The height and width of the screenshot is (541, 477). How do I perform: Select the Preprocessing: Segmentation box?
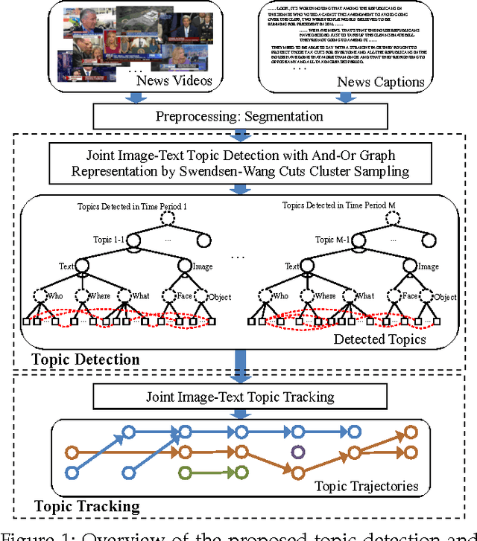point(238,116)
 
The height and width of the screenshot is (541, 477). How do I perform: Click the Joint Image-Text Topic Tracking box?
point(239,397)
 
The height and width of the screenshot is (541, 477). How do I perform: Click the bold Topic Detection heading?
point(86,359)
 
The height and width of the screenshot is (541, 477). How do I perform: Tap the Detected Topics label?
point(380,339)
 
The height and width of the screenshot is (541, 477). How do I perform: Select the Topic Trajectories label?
point(366,487)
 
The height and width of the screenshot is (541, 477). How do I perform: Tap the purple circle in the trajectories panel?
point(297,451)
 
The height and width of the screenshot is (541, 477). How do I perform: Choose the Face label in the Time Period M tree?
point(409,295)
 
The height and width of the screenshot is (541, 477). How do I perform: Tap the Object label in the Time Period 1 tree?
point(221,297)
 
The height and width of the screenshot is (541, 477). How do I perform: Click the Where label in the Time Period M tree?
point(326,296)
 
